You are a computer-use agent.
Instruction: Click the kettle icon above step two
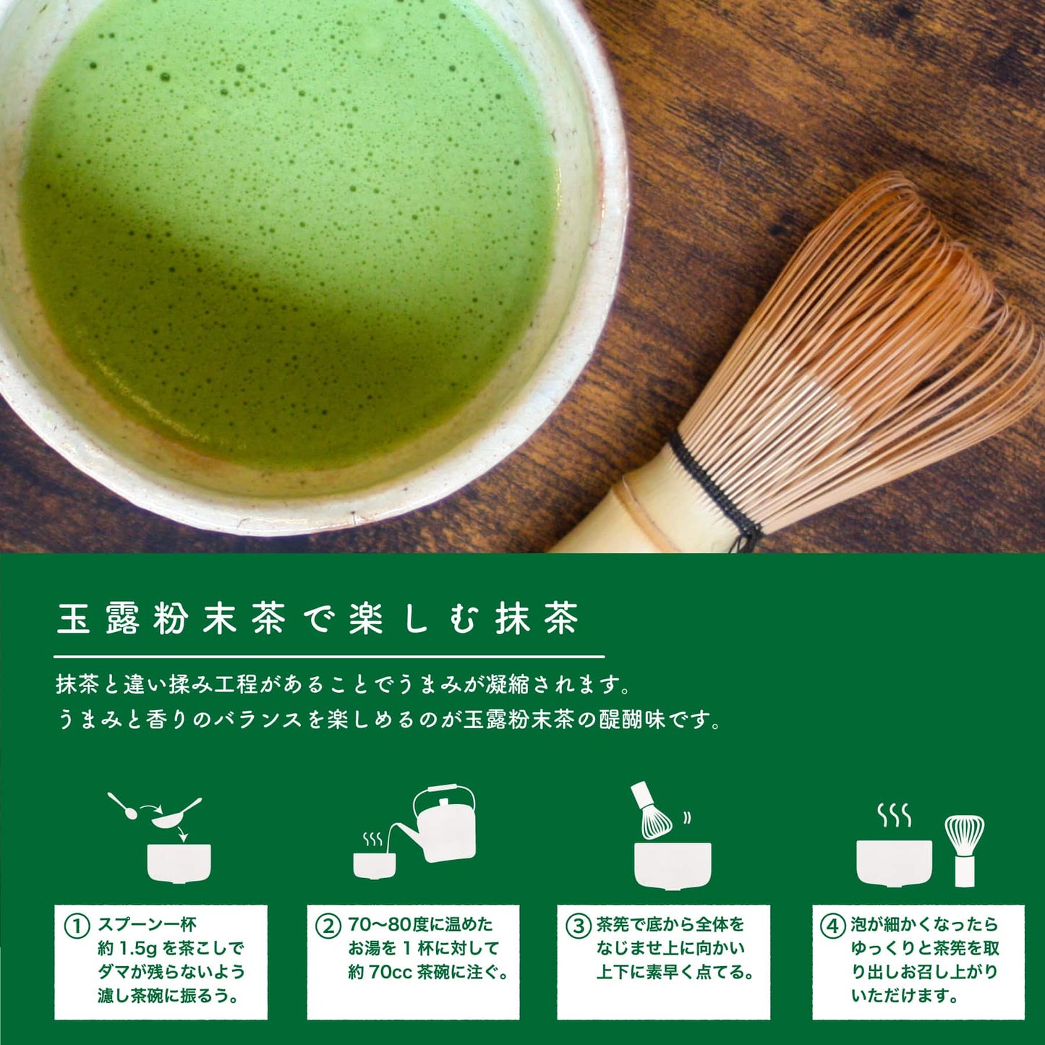tap(434, 824)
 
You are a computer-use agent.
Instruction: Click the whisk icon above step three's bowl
tap(652, 811)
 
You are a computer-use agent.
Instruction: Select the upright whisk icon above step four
tap(965, 851)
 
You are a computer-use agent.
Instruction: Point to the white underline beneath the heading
tap(330, 657)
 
